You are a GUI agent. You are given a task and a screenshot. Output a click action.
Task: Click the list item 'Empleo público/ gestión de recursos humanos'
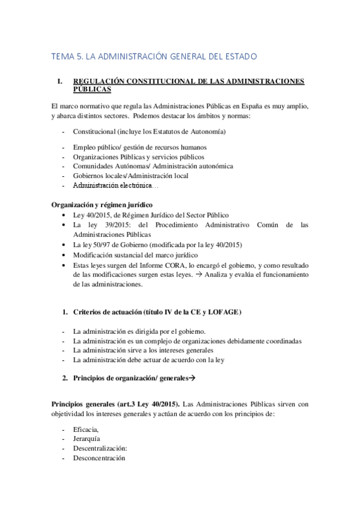pos(139,147)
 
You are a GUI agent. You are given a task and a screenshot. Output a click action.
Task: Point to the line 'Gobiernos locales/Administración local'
pos(130,176)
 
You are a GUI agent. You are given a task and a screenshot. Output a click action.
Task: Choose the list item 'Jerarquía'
pos(87,438)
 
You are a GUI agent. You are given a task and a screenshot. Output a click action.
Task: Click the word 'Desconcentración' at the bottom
pos(99,458)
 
